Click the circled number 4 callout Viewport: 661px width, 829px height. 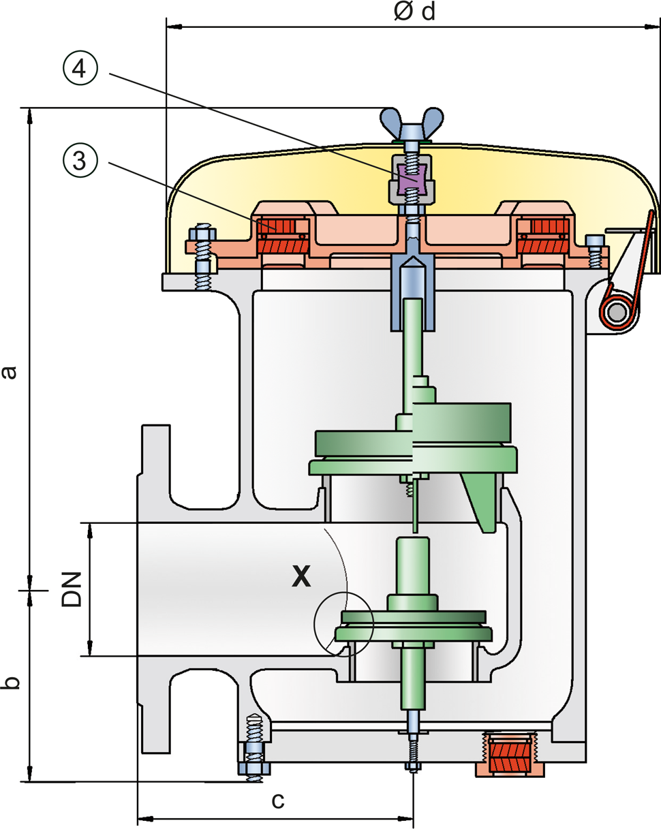(x=80, y=69)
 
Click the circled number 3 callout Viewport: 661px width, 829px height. (x=80, y=160)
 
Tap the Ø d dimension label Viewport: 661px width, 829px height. (x=414, y=12)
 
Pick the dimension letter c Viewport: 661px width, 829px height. (x=277, y=800)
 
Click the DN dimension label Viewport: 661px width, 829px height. (x=72, y=589)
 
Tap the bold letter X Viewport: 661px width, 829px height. (x=301, y=577)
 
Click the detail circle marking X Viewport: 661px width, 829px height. (x=343, y=623)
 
